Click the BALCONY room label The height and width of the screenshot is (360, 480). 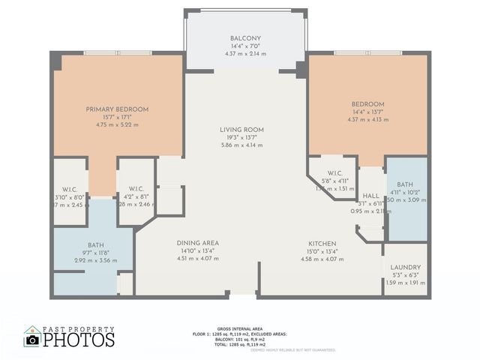tap(246, 38)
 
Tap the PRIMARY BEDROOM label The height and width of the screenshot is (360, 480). tap(117, 109)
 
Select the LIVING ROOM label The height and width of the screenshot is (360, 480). tap(241, 130)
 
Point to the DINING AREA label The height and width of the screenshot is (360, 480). tap(198, 243)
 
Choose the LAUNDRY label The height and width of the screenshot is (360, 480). tap(405, 267)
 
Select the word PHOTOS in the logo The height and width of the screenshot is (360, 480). tap(79, 340)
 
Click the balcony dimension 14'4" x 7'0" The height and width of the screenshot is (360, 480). tap(246, 46)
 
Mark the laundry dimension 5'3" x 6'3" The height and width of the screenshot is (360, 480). tap(405, 275)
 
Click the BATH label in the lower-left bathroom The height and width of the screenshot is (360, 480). tap(95, 244)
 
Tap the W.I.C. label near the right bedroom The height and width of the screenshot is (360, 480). tap(335, 173)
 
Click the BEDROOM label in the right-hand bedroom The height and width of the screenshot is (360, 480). tap(368, 104)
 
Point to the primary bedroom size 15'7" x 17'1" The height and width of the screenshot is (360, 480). tap(117, 118)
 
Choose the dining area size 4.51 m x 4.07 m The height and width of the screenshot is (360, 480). tap(198, 259)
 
